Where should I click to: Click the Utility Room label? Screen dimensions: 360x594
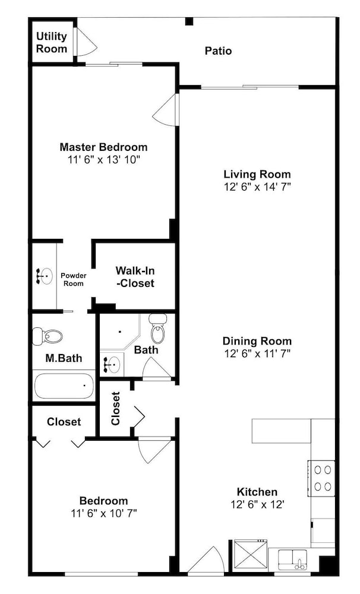52,42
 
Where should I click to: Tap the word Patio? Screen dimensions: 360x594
218,50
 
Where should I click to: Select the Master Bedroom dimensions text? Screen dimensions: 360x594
104,160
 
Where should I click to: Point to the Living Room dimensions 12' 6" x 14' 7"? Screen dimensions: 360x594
257,187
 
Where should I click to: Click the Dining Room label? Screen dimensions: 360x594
257,341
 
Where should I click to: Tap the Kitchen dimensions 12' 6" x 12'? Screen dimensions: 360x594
257,504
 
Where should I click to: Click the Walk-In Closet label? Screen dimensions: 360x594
135,277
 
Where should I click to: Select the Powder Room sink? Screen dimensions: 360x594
45,276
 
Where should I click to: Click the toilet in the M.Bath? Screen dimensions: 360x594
48,336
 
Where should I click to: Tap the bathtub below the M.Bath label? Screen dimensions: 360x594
64,386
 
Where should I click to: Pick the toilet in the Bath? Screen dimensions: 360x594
157,328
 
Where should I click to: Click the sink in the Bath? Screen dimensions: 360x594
112,365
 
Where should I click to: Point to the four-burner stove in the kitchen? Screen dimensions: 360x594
322,478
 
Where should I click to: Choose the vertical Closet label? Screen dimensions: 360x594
116,409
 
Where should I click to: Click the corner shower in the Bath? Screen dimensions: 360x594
120,332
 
